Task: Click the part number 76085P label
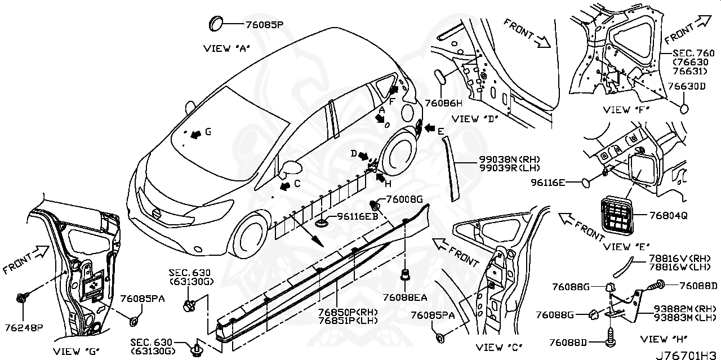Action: click(264, 25)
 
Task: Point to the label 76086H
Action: click(444, 103)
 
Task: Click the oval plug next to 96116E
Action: click(586, 182)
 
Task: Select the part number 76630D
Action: click(686, 86)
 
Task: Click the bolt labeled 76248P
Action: click(24, 298)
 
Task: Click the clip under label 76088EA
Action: click(404, 276)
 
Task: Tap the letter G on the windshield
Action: click(207, 132)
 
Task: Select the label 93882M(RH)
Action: click(685, 308)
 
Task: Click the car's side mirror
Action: click(292, 168)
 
